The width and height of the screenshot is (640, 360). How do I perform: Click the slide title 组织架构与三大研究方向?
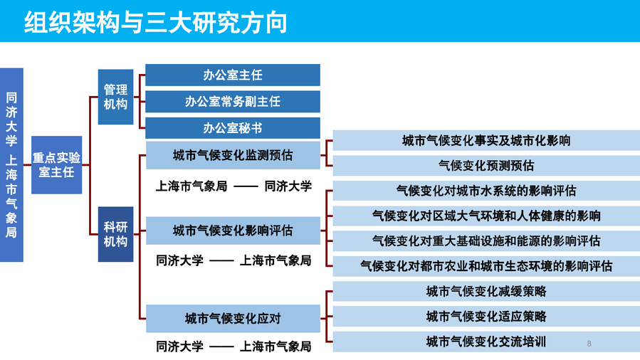click(x=155, y=23)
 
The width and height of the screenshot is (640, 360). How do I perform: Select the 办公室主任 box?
click(x=233, y=75)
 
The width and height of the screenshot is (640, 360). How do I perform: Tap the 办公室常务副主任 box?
click(x=233, y=102)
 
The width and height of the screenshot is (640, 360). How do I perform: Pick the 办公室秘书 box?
click(x=233, y=128)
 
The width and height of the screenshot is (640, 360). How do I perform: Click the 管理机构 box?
click(x=115, y=97)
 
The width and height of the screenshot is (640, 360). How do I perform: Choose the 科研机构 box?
click(x=115, y=234)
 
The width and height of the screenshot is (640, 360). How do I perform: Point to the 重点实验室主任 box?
click(x=57, y=165)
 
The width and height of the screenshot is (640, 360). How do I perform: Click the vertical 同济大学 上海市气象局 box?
click(x=11, y=165)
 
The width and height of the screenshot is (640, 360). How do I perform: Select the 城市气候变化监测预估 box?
click(x=233, y=155)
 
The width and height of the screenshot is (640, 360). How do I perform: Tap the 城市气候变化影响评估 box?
click(x=233, y=231)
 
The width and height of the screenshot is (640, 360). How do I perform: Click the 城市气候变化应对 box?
click(x=233, y=319)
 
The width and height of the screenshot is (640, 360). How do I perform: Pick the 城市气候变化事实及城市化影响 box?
click(x=486, y=141)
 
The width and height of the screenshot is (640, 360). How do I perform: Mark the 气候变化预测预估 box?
click(x=486, y=166)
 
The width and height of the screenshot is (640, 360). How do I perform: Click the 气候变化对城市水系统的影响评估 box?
click(x=486, y=191)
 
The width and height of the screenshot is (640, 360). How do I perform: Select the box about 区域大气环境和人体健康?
click(x=486, y=216)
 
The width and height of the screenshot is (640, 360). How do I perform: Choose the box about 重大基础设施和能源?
click(x=486, y=241)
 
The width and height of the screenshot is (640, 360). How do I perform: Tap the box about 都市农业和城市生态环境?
click(x=486, y=266)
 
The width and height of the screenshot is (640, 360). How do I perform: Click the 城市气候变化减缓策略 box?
click(x=486, y=292)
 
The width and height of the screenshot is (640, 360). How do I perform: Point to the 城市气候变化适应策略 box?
click(x=486, y=317)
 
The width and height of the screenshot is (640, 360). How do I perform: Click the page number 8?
click(x=589, y=344)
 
